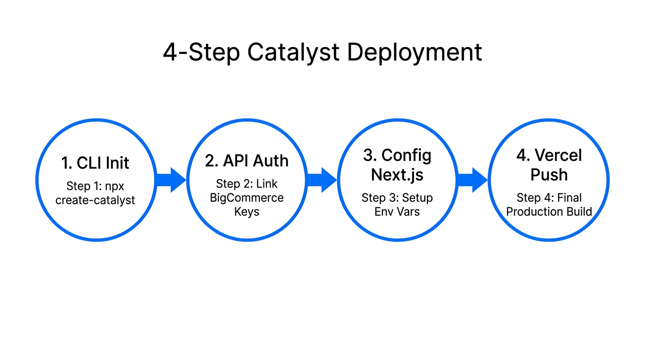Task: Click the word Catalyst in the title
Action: (294, 52)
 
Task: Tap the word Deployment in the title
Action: (414, 52)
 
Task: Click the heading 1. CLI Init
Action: (95, 163)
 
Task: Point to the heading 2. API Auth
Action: (247, 161)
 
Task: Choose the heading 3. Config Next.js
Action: (397, 165)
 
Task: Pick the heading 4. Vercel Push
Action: (549, 165)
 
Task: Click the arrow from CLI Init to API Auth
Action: (171, 180)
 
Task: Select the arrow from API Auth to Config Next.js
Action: (322, 180)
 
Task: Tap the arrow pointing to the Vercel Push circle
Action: (472, 180)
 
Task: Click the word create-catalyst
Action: (95, 200)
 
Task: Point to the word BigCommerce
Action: (247, 198)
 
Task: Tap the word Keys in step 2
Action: (247, 212)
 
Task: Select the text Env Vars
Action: (397, 211)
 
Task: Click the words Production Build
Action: (549, 211)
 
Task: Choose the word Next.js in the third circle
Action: (397, 174)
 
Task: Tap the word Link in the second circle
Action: (267, 184)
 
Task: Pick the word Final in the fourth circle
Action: (569, 198)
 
